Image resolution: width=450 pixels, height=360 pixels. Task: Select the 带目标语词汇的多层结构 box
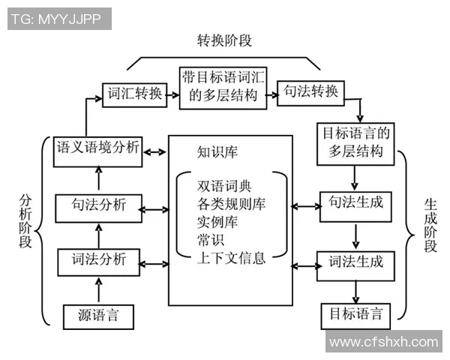tap(223, 87)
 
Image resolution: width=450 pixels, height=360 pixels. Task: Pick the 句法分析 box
tap(98, 206)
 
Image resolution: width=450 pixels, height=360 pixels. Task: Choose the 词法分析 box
tap(98, 262)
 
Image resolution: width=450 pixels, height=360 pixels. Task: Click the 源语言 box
tap(98, 316)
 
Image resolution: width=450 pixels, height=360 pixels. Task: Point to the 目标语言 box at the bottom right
tap(356, 313)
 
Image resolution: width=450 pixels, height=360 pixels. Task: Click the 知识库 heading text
tap(217, 153)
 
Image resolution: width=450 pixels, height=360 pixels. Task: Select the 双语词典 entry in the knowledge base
tap(220, 185)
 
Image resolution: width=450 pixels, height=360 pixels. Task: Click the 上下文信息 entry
tap(230, 259)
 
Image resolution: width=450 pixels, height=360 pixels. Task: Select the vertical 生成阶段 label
tap(430, 225)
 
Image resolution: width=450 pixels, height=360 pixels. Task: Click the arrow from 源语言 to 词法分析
tap(98, 289)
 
